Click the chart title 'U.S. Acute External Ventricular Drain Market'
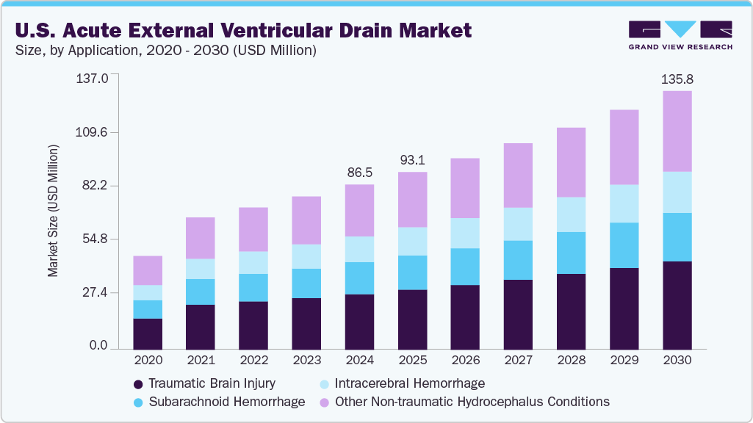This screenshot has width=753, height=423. point(242,31)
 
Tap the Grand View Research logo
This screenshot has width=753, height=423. point(680,35)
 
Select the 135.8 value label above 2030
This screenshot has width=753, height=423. point(677,79)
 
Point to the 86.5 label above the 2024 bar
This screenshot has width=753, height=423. point(359,173)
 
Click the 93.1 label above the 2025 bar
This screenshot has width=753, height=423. point(412,160)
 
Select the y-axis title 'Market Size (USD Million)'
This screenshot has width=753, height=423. point(53,211)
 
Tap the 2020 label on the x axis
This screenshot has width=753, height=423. point(147,361)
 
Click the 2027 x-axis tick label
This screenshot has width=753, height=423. point(518,361)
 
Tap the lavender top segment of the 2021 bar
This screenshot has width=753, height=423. point(200,238)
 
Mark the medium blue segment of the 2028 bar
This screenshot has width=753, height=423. point(571,253)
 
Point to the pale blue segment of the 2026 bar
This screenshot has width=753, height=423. point(465,233)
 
